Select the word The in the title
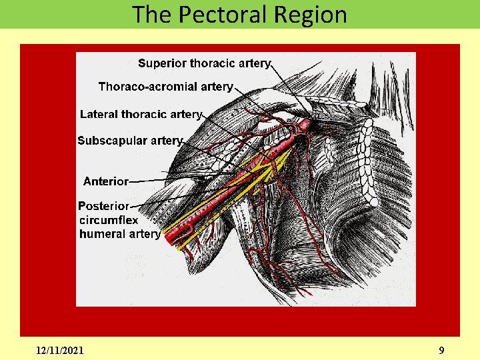tap(151, 14)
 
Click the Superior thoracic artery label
tap(204, 63)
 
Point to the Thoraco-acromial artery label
tap(165, 87)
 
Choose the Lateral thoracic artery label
tap(140, 114)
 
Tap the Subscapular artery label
tap(129, 141)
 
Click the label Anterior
tap(105, 181)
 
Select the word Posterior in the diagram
tap(103, 207)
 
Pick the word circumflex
tap(109, 220)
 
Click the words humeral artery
tap(120, 234)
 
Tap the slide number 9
tap(441, 350)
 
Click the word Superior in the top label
tap(162, 63)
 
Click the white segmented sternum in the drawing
tap(366, 153)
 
